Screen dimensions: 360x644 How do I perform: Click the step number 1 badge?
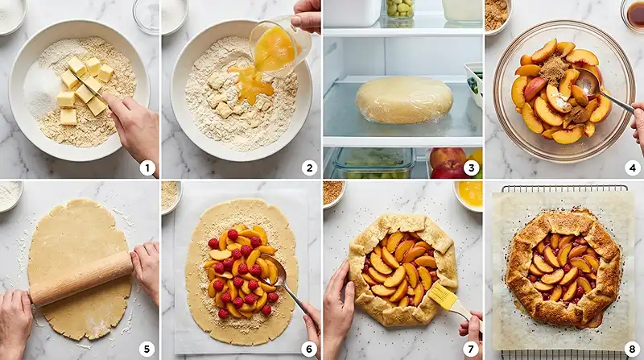[x=147, y=168]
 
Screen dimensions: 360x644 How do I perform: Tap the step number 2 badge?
[x=308, y=168]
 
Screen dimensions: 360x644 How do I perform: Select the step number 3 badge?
[x=471, y=168]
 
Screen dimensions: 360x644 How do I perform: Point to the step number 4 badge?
[x=631, y=168]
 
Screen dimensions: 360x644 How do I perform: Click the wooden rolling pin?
[x=80, y=278]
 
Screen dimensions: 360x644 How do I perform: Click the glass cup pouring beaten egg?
[x=278, y=44]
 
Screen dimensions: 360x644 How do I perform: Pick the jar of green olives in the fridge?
[x=399, y=9]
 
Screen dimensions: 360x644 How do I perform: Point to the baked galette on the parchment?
[x=563, y=268]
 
